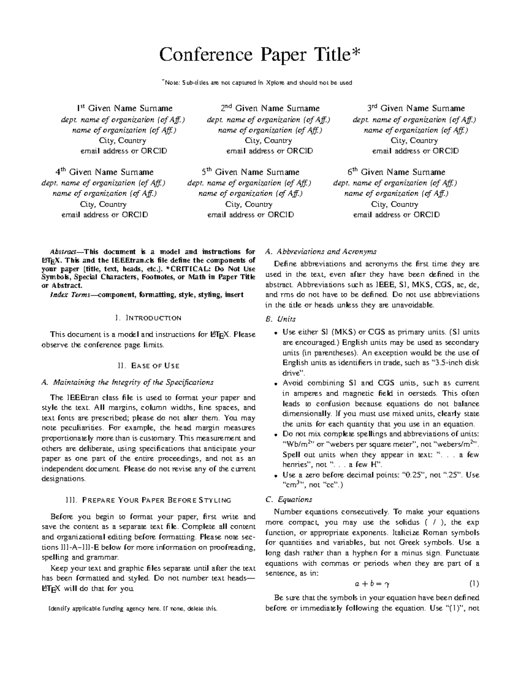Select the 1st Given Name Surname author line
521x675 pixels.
tap(125, 108)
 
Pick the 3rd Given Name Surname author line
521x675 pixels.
tap(416, 108)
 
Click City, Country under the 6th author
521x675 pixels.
tap(395, 204)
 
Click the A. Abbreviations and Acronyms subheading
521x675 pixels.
tap(320, 252)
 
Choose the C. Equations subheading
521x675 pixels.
tap(288, 500)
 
